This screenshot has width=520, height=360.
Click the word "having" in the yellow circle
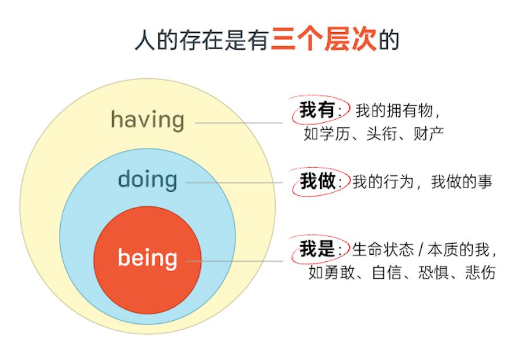148,120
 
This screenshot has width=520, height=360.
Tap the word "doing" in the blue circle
148,179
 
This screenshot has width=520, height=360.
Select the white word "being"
148,258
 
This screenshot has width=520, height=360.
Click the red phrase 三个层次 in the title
324,39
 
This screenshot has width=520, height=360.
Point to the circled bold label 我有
317,110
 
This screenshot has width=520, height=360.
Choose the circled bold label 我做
318,181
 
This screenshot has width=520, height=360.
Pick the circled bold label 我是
317,248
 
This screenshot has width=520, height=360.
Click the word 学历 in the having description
335,134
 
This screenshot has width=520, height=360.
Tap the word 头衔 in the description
382,134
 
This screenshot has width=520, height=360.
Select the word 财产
428,134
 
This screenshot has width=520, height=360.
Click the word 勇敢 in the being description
339,272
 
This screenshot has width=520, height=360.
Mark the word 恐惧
434,272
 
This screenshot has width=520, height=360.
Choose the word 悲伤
480,272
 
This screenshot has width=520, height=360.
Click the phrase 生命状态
383,250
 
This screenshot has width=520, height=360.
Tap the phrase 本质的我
459,250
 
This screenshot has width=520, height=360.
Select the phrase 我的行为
383,182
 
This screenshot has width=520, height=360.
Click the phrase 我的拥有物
394,110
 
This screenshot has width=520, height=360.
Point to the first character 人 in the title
145,40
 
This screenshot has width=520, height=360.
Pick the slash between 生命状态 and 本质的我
421,250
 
